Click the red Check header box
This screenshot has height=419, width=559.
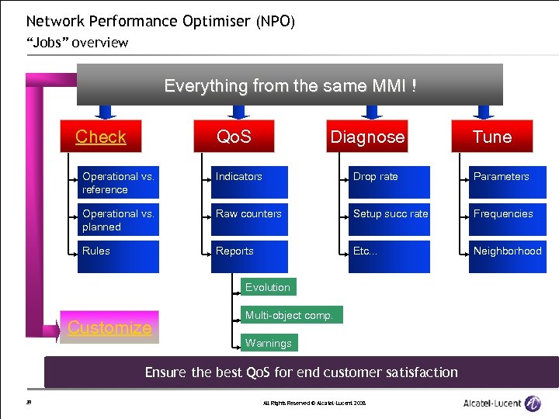pos(101,137)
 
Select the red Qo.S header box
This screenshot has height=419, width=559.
pos(234,137)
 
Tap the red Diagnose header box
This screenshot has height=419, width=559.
pos(367,137)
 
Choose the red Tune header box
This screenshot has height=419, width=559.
pos(492,137)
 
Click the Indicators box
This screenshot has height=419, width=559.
pos(251,182)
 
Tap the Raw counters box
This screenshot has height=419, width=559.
pos(251,220)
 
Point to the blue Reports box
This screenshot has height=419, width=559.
pos(251,257)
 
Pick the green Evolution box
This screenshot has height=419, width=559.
pos(268,287)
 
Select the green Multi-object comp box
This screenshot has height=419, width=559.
pos(288,315)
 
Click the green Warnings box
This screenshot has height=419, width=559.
pos(269,343)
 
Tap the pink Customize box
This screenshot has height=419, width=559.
pos(109,327)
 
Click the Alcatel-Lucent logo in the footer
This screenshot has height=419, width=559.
pos(502,403)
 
